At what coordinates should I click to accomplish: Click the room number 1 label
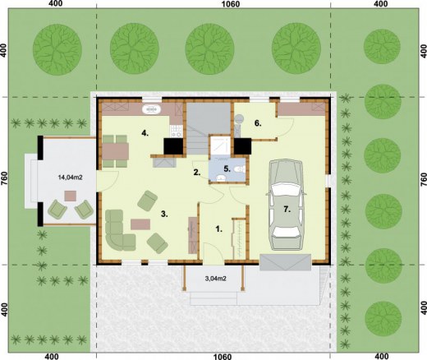(x=218, y=229)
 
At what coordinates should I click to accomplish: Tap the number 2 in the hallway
(x=196, y=173)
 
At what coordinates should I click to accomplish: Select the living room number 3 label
(x=164, y=215)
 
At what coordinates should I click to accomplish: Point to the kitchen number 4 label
(x=145, y=132)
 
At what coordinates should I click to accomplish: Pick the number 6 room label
(x=257, y=124)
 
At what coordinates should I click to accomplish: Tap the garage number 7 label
(x=287, y=209)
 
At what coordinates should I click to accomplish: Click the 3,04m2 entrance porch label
(x=216, y=279)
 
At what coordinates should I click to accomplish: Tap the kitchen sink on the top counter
(x=153, y=108)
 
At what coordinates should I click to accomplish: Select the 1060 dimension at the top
(x=213, y=5)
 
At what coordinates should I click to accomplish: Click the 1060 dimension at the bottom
(x=213, y=356)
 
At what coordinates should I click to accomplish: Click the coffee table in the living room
(x=141, y=222)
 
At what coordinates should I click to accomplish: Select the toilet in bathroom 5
(x=236, y=170)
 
